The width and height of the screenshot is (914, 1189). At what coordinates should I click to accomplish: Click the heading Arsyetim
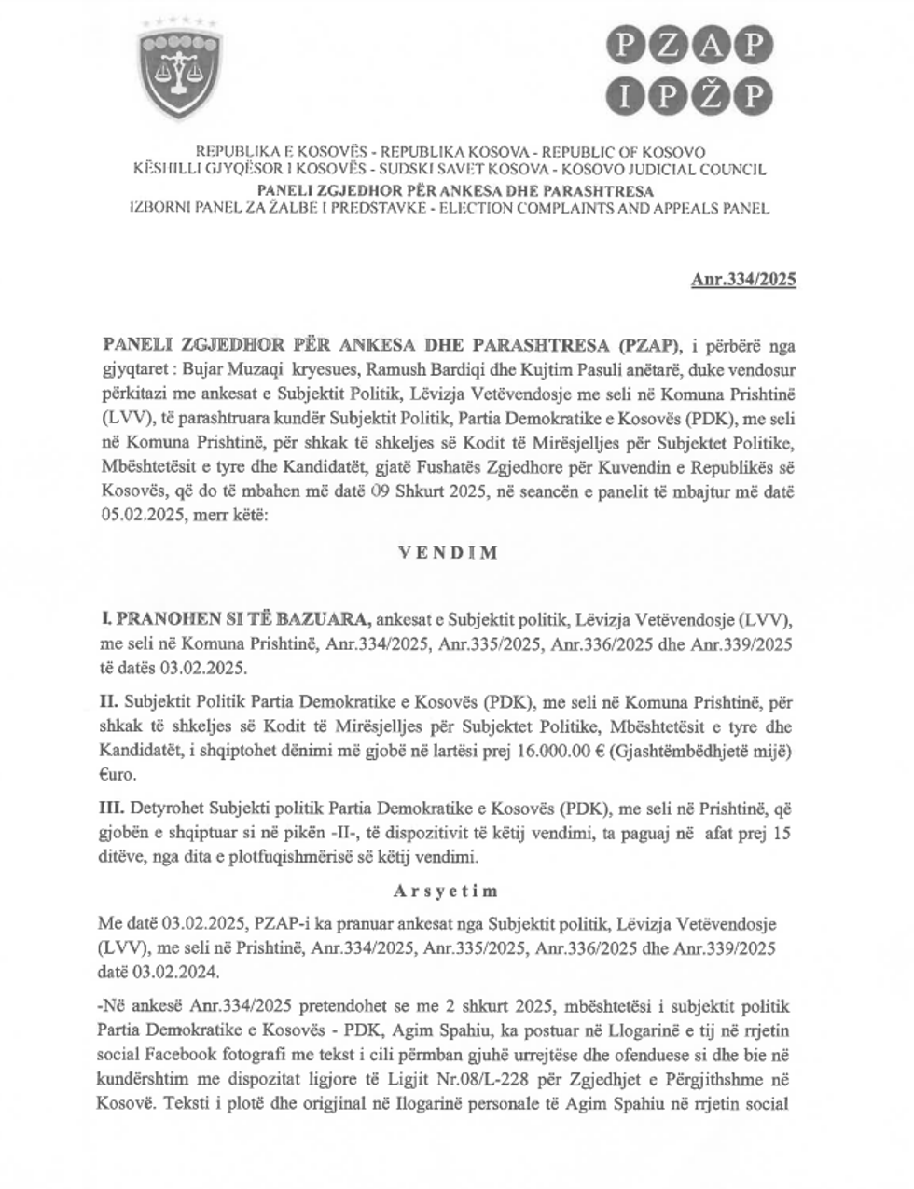446,891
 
